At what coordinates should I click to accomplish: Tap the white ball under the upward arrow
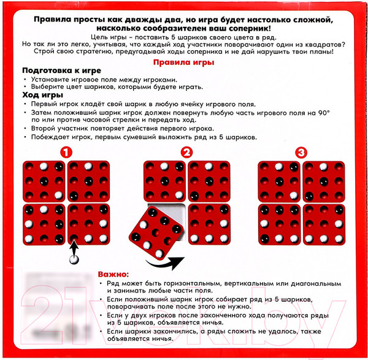click(x=75, y=259)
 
